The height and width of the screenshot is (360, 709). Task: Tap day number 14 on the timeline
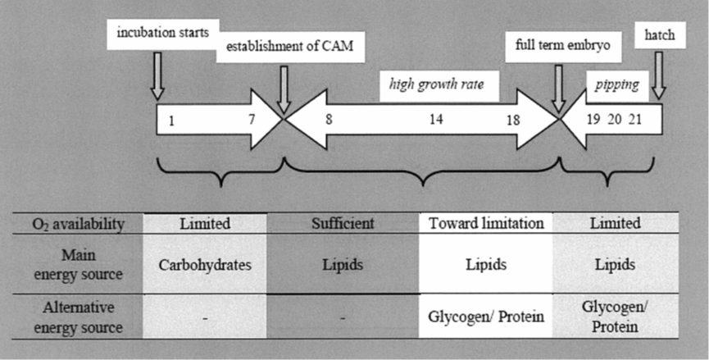click(x=436, y=120)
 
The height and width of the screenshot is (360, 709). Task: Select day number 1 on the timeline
click(x=171, y=121)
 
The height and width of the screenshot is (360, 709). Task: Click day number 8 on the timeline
click(x=329, y=120)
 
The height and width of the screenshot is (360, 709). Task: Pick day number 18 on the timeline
click(x=514, y=120)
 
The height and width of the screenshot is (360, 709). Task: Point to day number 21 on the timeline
click(x=635, y=120)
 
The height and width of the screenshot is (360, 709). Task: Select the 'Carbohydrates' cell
click(x=204, y=266)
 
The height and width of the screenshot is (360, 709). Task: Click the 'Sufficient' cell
click(x=343, y=223)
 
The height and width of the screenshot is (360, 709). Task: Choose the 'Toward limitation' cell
click(x=485, y=223)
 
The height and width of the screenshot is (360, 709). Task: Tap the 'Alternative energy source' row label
click(x=77, y=317)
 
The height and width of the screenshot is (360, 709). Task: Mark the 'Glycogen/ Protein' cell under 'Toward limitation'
click(x=485, y=317)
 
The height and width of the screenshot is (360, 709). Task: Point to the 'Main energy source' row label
click(x=77, y=266)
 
